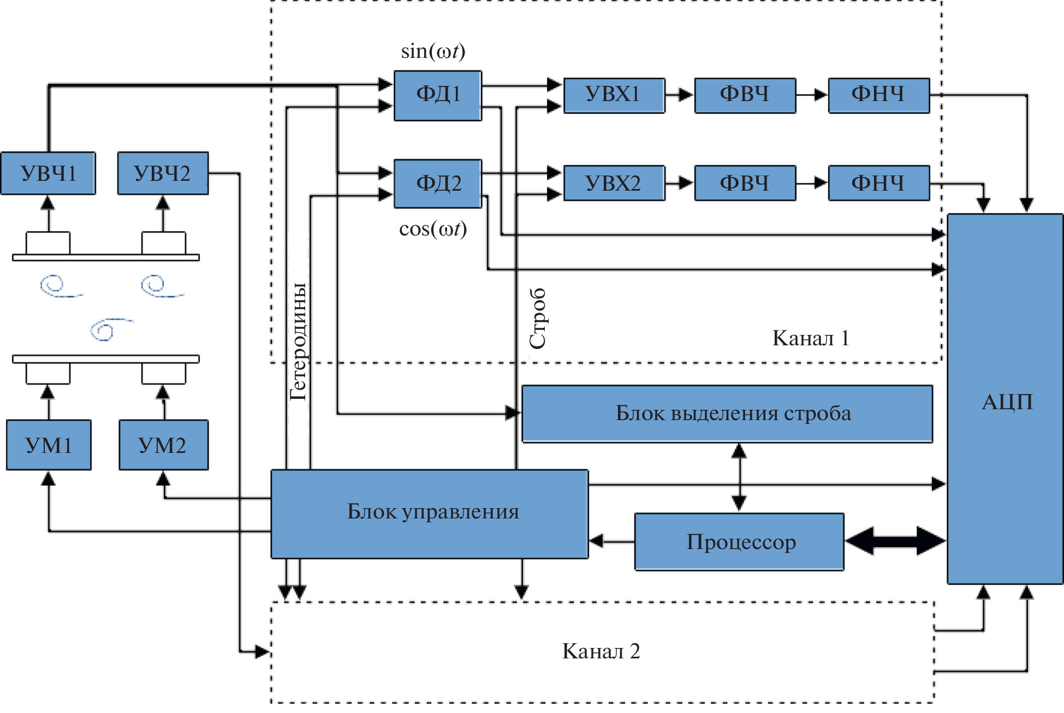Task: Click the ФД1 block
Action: [x=438, y=95]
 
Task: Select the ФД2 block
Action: [x=438, y=184]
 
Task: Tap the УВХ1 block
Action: [x=614, y=95]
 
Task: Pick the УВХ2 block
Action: [x=614, y=183]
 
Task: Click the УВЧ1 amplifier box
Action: [x=48, y=173]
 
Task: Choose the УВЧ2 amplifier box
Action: [x=163, y=173]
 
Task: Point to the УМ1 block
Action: [x=49, y=445]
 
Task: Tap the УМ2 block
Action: [x=163, y=445]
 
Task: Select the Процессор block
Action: [x=740, y=541]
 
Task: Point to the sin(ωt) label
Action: [x=433, y=51]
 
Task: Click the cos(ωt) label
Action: [x=433, y=229]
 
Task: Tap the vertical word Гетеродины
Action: [x=298, y=341]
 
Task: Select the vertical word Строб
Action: [x=538, y=318]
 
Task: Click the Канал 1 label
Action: [x=811, y=338]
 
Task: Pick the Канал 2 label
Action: [x=601, y=651]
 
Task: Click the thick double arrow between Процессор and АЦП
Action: [x=895, y=541]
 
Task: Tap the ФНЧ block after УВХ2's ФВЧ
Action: [x=878, y=183]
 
